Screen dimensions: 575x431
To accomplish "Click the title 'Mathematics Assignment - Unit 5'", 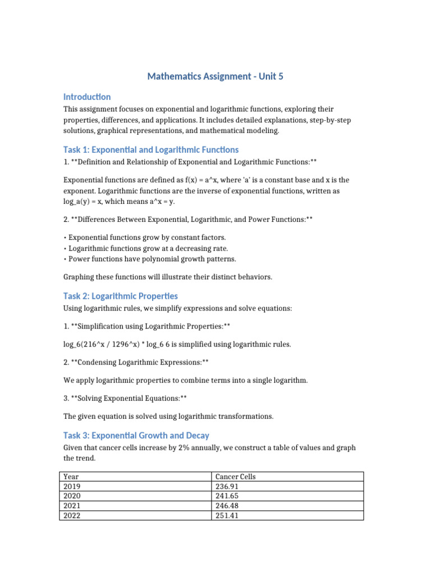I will coord(215,76).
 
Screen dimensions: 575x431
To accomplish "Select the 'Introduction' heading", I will coord(87,97).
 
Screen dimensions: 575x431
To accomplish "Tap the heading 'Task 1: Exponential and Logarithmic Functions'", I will coord(151,150).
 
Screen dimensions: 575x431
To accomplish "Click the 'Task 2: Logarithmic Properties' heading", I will coord(121,296).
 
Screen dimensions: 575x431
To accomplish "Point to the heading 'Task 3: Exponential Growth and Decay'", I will coord(136,435).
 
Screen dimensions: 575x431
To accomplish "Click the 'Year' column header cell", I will coord(71,477).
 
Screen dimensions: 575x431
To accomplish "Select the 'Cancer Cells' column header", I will coord(235,477).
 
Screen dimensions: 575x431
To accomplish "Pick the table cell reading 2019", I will coord(72,486).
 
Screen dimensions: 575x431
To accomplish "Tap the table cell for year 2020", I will coord(72,496).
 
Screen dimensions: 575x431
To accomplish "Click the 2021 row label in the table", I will coord(72,505).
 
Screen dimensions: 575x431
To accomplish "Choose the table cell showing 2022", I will coord(72,515).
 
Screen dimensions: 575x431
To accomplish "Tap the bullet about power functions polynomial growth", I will coord(152,259).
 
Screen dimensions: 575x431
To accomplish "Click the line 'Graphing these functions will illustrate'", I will coord(168,277).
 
